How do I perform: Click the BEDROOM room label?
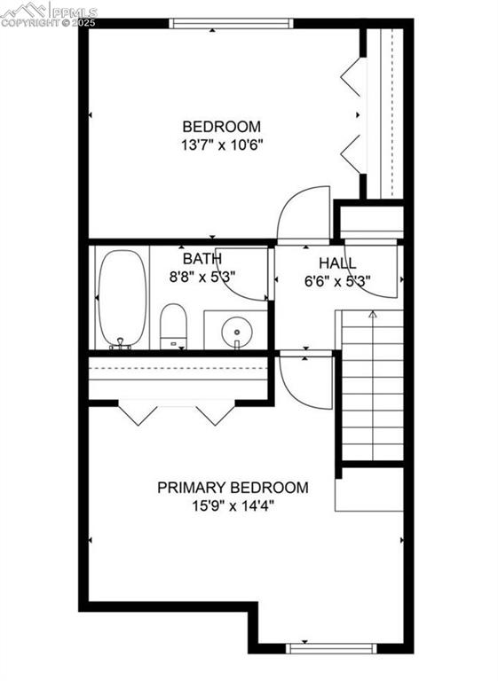[x=221, y=126]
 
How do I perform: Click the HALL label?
[x=337, y=263]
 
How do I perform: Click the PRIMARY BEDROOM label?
[x=233, y=487]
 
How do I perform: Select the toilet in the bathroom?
[x=173, y=326]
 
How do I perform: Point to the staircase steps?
[x=372, y=390]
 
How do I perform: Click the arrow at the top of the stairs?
[x=372, y=314]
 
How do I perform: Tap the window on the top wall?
[x=230, y=23]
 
